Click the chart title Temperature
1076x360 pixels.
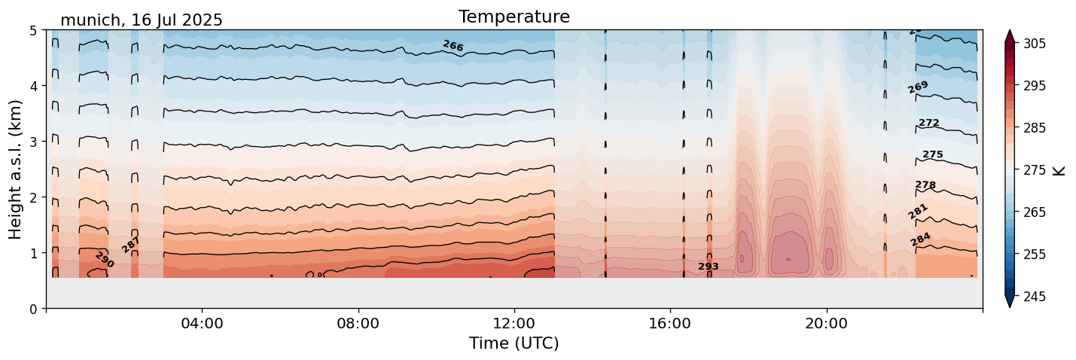click(514, 17)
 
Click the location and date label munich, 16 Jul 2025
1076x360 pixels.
click(142, 20)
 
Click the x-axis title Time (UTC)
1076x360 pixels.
click(514, 343)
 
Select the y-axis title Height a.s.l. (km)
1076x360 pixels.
click(16, 169)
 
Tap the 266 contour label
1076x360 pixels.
click(453, 46)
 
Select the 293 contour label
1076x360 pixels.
click(708, 267)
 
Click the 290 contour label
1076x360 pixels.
click(104, 260)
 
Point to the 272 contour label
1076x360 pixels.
click(928, 123)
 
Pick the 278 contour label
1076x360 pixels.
click(925, 185)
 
